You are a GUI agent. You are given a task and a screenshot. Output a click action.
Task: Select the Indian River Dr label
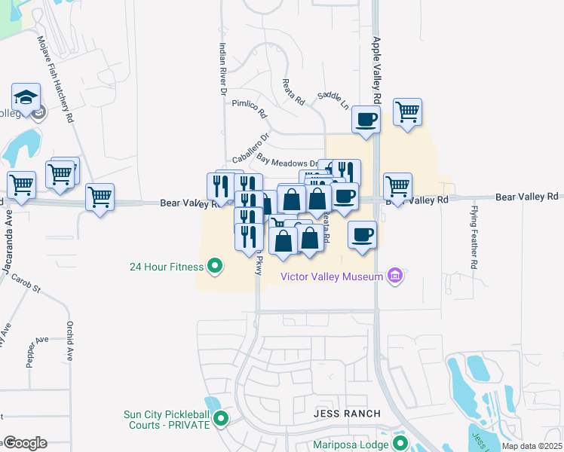pos(223,69)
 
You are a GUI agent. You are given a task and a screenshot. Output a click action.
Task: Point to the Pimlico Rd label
pos(250,108)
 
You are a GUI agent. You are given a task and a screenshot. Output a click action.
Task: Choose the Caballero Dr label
pos(251,149)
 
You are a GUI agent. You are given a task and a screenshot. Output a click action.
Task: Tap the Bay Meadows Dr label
pos(287,161)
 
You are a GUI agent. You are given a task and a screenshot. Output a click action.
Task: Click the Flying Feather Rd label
pos(475,237)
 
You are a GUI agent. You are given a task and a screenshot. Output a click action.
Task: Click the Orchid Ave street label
pos(70,343)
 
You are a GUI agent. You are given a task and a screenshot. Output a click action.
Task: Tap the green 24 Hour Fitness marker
pos(215,266)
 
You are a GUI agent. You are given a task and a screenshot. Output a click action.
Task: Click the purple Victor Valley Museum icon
pos(394,276)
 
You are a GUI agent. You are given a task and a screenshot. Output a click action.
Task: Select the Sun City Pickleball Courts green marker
pos(221,418)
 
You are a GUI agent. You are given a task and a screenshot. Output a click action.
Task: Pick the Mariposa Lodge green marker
pos(400,444)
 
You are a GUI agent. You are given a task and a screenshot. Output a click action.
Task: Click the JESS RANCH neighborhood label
pos(346,415)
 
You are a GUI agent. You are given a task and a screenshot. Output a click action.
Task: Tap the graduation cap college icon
pos(25,97)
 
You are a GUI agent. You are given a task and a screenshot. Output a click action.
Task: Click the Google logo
pos(25,443)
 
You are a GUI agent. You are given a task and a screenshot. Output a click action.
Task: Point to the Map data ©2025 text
pos(531,447)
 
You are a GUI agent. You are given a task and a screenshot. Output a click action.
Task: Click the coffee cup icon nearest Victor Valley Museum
pos(362,235)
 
